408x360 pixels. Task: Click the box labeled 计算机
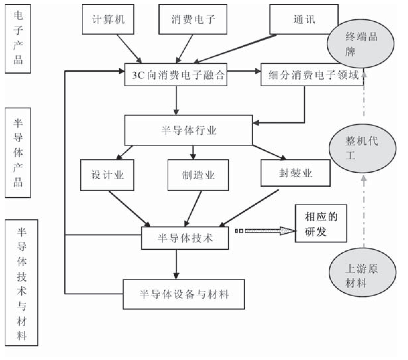108,19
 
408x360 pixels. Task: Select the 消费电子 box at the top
193,19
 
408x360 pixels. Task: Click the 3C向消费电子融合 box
176,75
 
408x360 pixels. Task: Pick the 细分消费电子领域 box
312,75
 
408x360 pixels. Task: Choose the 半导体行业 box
188,130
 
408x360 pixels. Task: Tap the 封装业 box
295,173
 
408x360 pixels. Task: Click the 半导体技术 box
185,238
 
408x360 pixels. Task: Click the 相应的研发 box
321,224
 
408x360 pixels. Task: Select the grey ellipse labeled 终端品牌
361,44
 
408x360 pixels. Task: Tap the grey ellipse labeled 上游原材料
362,276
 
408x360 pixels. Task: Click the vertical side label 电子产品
18,39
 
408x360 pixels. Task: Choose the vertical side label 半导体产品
18,152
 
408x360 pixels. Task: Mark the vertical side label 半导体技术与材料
22,282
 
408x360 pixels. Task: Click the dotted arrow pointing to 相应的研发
266,231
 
